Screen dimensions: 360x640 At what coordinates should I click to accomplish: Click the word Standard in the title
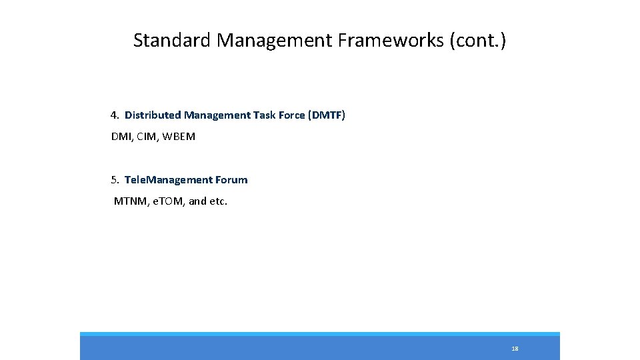tap(172, 41)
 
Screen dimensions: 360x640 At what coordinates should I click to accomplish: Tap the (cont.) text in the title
tap(478, 41)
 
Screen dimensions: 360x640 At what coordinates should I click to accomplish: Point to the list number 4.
tap(115, 115)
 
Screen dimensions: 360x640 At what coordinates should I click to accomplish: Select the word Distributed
tap(153, 115)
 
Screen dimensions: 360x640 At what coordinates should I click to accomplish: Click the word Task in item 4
tap(265, 115)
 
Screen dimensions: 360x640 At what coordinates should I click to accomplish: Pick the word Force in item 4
tap(291, 115)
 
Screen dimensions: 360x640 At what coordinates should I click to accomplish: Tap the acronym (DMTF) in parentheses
tap(327, 115)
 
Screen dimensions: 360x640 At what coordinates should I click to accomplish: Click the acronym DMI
tap(122, 137)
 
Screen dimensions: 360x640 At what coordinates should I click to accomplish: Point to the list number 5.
tap(115, 180)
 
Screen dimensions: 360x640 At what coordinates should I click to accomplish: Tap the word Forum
tap(231, 180)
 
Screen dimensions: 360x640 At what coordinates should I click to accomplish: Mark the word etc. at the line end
tap(219, 201)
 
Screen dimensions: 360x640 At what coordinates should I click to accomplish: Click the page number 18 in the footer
tap(515, 349)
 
